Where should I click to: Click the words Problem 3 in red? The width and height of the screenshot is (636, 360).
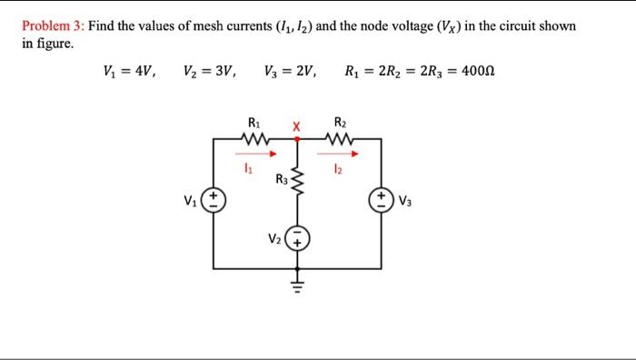point(52,26)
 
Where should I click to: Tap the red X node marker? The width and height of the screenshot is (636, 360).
point(294,125)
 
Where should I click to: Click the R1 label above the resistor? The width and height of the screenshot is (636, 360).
point(253,121)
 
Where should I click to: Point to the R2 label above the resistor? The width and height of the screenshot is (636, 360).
point(340,121)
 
